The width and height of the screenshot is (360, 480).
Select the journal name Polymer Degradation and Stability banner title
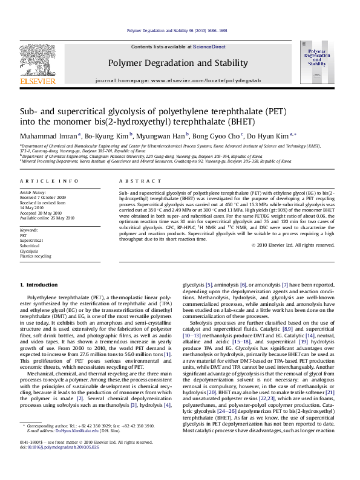(x=178, y=63)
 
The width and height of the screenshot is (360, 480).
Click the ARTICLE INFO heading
(x=49, y=181)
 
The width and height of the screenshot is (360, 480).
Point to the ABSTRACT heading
(x=132, y=181)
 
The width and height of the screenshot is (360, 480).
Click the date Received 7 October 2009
(x=43, y=198)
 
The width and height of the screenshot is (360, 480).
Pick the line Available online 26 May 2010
(x=47, y=218)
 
